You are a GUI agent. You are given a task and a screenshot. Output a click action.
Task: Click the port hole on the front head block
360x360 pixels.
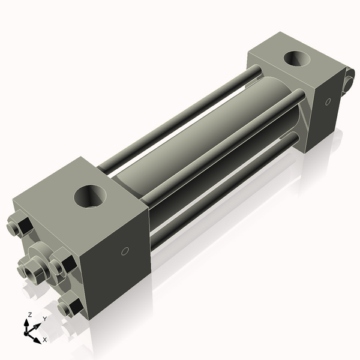click(91, 197)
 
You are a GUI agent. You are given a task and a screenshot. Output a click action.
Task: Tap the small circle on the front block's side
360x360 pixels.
click(125, 251)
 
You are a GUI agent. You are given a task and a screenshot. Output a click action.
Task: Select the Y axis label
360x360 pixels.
click(44, 320)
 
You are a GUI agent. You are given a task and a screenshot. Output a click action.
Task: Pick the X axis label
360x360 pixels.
click(44, 340)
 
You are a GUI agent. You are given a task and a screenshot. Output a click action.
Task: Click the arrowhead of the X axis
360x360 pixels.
click(38, 337)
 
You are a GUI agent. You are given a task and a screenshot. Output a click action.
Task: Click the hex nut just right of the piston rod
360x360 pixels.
click(62, 265)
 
